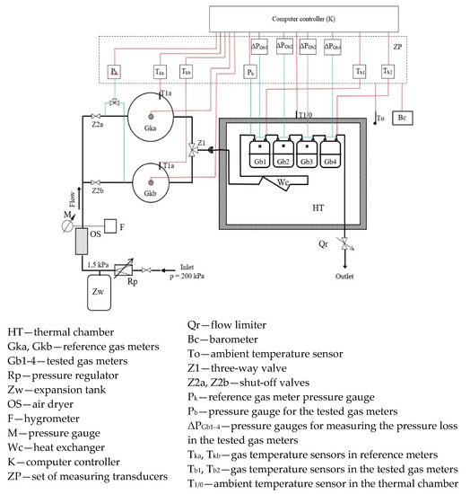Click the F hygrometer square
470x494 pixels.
pyautogui.click(x=111, y=225)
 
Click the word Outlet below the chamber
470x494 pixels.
pyautogui.click(x=344, y=276)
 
